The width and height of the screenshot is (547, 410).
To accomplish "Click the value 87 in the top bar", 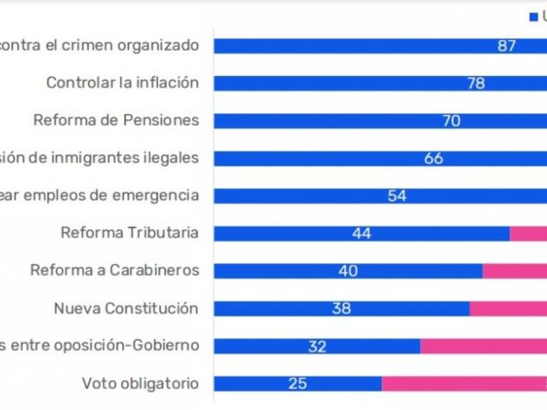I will coord(506,46).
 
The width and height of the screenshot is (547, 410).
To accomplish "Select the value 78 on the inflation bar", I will coord(476,83).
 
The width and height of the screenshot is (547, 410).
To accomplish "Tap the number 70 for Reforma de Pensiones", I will coord(452,121).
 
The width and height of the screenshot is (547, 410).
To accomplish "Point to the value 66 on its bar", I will coord(434,158).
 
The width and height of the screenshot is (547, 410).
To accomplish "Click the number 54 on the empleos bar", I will coord(397,196).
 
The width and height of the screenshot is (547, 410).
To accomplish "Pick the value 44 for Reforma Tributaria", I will coord(361,233).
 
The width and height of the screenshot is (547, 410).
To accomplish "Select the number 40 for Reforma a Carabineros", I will coord(348,271).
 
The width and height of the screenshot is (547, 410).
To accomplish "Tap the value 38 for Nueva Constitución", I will coord(341,309).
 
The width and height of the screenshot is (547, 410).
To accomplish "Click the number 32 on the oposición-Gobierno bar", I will coord(317,347).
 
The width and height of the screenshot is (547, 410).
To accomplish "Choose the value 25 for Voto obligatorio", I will coord(298,384).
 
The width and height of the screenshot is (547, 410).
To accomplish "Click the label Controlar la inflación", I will coord(123,83).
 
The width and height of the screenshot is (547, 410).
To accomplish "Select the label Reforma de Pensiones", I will coord(116,120).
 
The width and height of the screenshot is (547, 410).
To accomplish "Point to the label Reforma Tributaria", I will coord(130,233).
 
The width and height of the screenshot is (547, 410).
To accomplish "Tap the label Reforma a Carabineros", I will coord(115,270).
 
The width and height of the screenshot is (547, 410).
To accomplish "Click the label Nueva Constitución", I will coord(126,308).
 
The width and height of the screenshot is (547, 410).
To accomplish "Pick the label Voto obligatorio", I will coord(140,384).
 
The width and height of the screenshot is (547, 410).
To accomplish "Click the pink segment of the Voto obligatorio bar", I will coord(464,384).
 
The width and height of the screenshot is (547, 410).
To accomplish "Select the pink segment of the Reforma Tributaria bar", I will coord(528,233).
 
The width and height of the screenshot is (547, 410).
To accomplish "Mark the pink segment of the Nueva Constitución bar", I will coord(508,309).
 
